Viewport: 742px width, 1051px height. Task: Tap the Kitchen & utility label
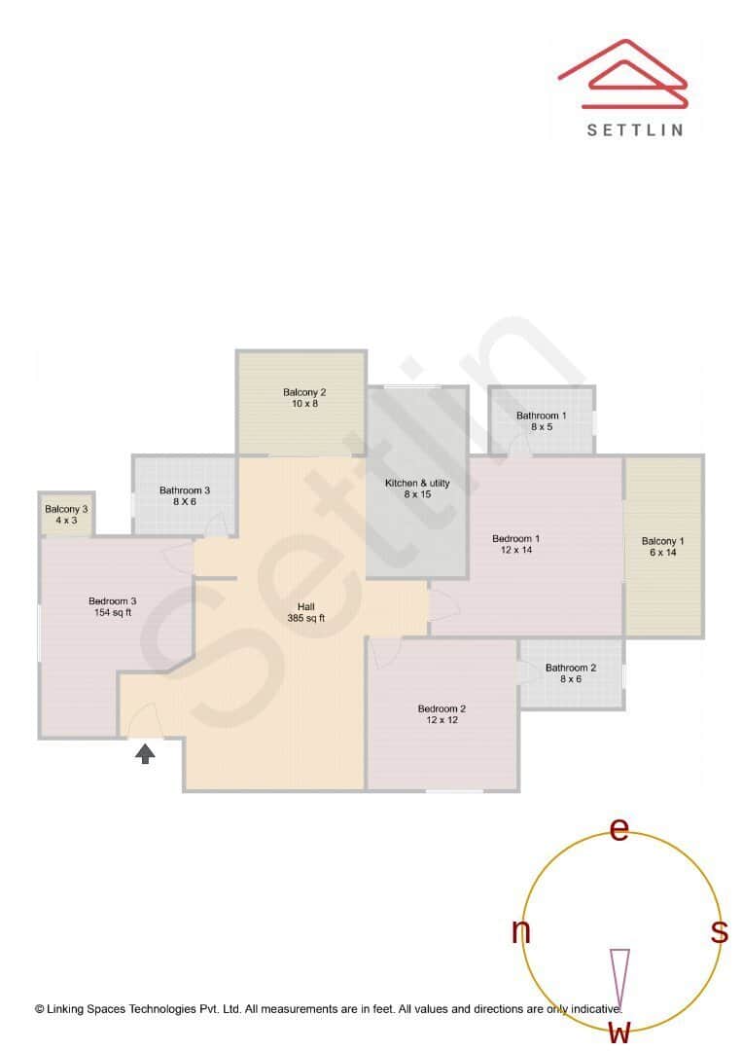click(x=417, y=489)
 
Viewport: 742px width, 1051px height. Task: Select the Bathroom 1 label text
click(x=542, y=420)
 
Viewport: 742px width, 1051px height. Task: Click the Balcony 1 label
click(x=663, y=546)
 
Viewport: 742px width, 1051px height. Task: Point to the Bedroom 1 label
click(x=516, y=544)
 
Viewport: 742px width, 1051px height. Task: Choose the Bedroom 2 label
click(x=442, y=713)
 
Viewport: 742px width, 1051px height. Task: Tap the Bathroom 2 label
click(x=571, y=672)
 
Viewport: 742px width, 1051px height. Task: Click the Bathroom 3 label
click(x=185, y=495)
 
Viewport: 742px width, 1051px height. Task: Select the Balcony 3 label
click(x=66, y=514)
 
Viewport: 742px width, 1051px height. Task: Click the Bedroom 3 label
click(x=113, y=606)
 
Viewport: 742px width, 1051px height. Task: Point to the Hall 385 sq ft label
click(x=306, y=612)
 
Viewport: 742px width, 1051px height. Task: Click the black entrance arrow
click(x=145, y=752)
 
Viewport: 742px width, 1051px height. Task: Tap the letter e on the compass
click(x=619, y=828)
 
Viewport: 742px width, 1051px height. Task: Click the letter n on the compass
click(x=521, y=931)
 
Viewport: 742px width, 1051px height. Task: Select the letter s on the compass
click(x=720, y=931)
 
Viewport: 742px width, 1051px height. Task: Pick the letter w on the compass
click(x=619, y=1032)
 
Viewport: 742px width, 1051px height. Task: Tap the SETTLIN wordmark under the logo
click(x=635, y=129)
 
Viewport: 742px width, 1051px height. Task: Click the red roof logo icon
click(x=623, y=75)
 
